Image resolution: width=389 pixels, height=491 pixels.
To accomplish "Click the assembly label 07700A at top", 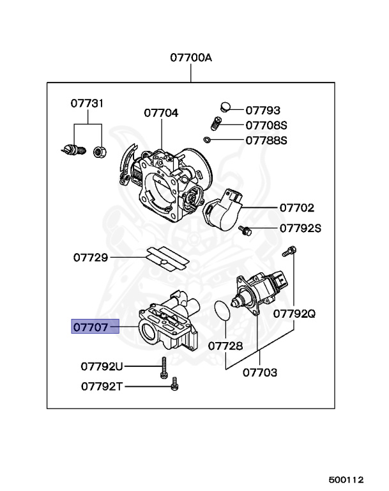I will pyautogui.click(x=191, y=58).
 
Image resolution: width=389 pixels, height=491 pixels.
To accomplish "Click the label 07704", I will pyautogui.click(x=161, y=113).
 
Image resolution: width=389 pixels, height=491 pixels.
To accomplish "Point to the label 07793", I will pyautogui.click(x=263, y=110).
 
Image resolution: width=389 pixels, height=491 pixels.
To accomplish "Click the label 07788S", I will pyautogui.click(x=266, y=140).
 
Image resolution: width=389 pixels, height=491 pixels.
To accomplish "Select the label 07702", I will pyautogui.click(x=296, y=208).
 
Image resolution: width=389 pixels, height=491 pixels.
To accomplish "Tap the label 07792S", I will pyautogui.click(x=300, y=227).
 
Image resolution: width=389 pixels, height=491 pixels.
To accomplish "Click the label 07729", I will pyautogui.click(x=90, y=258).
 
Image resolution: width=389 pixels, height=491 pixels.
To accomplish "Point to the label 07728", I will pyautogui.click(x=225, y=345).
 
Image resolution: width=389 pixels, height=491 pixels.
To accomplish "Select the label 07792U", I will pyautogui.click(x=102, y=366).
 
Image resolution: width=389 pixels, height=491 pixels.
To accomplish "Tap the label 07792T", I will pyautogui.click(x=102, y=386).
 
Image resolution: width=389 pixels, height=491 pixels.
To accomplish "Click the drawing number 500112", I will pyautogui.click(x=346, y=479).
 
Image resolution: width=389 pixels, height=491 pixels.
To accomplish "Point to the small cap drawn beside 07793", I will pyautogui.click(x=224, y=106).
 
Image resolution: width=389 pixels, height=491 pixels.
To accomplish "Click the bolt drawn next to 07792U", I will pyautogui.click(x=164, y=365).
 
